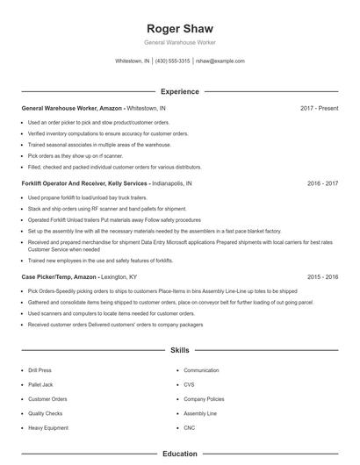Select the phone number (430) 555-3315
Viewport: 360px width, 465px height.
click(x=173, y=61)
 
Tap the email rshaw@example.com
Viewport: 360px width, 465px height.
click(x=220, y=61)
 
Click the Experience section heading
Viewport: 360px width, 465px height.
click(x=179, y=91)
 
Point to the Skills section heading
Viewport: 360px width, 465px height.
click(x=179, y=350)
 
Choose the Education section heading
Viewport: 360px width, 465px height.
click(x=179, y=454)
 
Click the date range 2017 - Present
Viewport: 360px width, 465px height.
click(x=319, y=108)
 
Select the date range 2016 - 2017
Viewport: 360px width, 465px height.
click(x=322, y=185)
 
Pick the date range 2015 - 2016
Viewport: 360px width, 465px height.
click(x=322, y=276)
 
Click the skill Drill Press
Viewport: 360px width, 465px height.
click(x=41, y=371)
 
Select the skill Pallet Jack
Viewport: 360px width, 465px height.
click(x=41, y=385)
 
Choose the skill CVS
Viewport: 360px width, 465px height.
click(x=189, y=385)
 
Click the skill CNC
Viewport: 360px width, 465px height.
click(x=189, y=427)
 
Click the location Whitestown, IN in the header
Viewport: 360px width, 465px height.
click(x=133, y=61)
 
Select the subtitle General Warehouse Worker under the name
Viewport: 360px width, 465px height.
click(x=179, y=42)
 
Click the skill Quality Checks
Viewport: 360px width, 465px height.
click(x=44, y=413)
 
